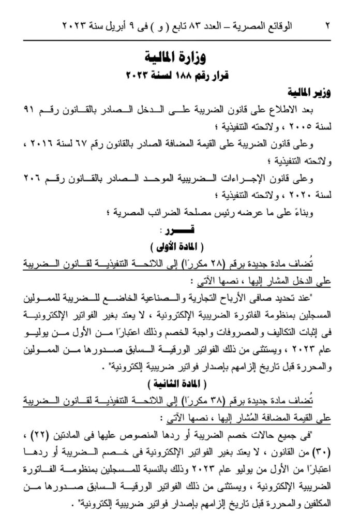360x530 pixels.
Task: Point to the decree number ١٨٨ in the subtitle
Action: point(180,76)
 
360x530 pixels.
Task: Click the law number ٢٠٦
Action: point(34,179)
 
